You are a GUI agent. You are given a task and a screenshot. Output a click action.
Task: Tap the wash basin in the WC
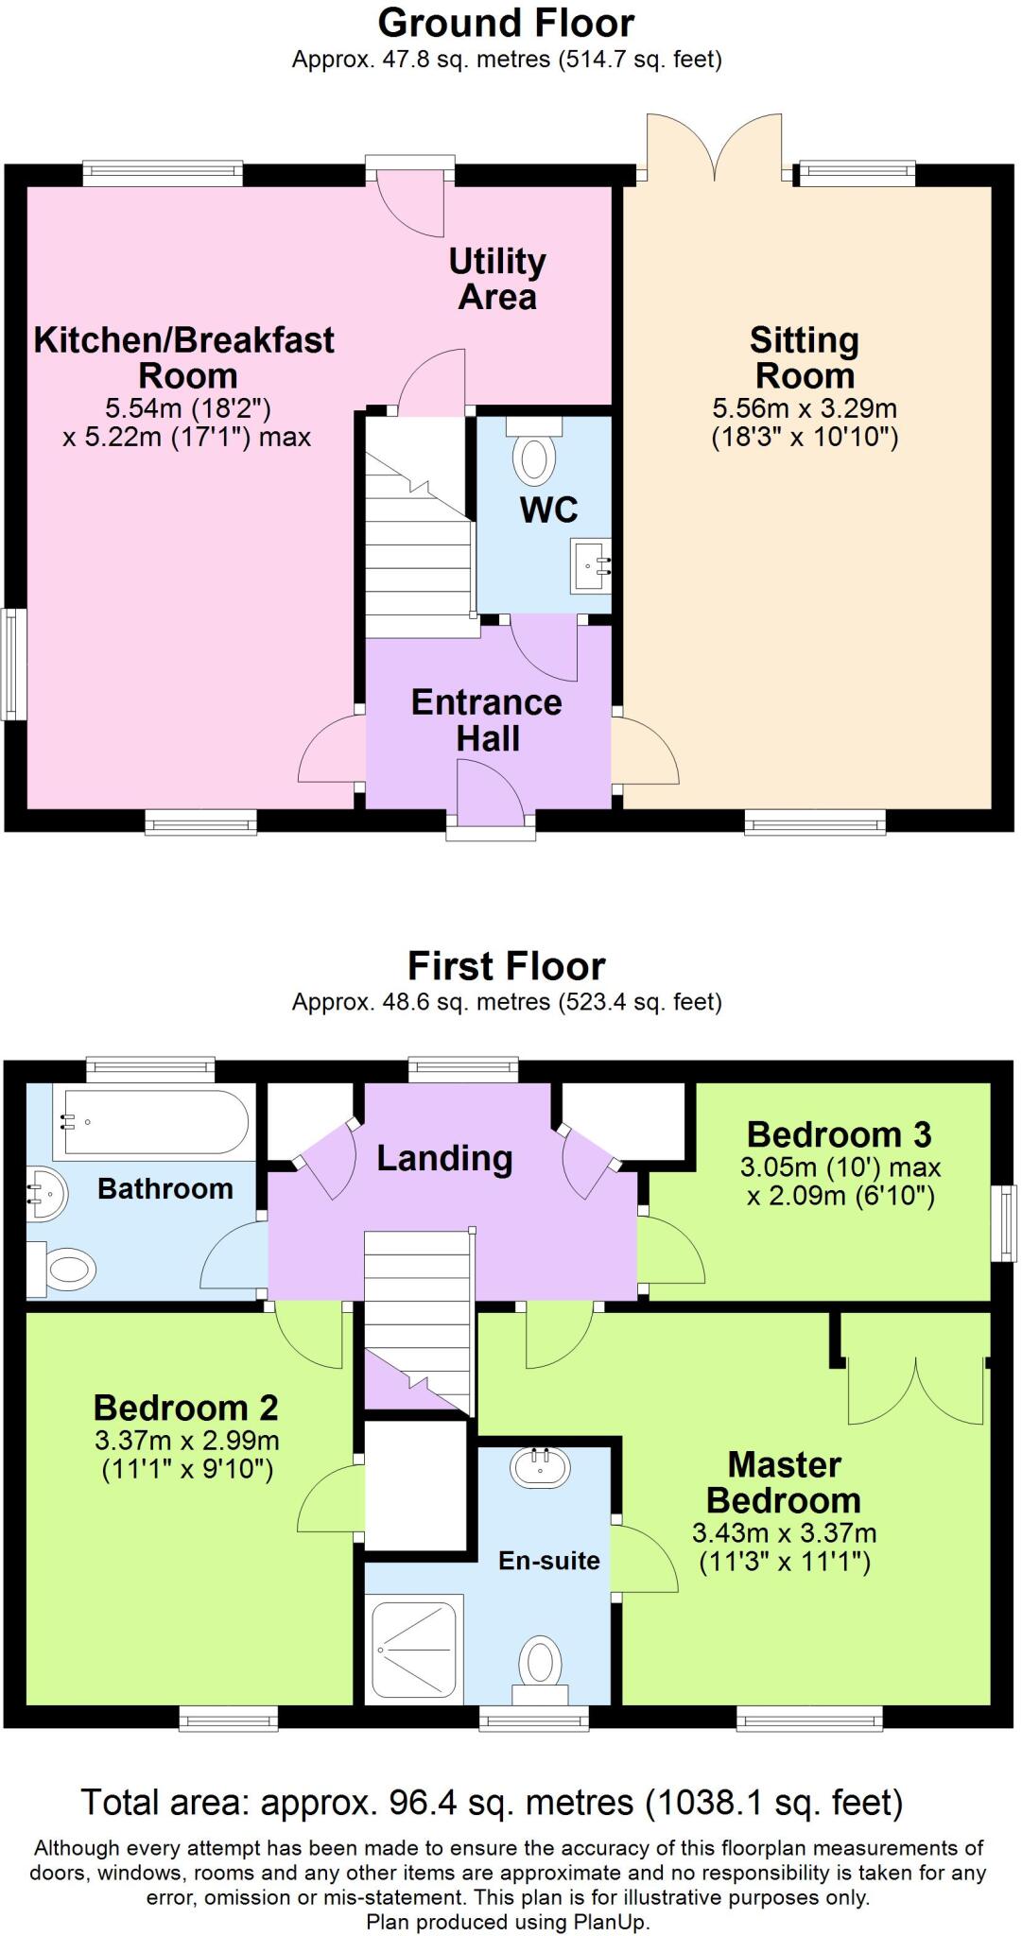[x=590, y=566]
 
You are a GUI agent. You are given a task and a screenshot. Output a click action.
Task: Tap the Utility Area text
[x=497, y=279]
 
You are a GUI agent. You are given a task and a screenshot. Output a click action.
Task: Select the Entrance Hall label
[x=487, y=719]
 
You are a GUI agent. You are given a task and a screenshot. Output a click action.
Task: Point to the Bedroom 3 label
[x=839, y=1133]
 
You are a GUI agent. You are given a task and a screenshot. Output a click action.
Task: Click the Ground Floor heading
[x=507, y=23]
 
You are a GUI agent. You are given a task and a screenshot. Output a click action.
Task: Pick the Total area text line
[x=492, y=1804]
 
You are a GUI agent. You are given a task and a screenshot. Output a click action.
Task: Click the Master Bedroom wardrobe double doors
[x=915, y=1391]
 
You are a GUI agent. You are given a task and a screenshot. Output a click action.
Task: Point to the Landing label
[x=444, y=1158]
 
